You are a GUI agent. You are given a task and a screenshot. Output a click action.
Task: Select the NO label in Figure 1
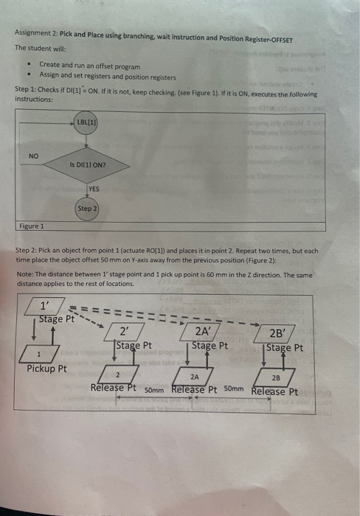coord(33,156)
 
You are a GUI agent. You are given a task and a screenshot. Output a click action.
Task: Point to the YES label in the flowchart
coord(94,189)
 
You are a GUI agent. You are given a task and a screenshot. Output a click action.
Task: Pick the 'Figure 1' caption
coord(32,227)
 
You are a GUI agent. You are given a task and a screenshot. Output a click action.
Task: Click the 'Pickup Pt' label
coord(45,369)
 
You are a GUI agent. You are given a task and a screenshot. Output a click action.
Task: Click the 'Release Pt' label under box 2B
coord(274,391)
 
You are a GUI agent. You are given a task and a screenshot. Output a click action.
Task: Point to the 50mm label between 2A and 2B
coord(234,388)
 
